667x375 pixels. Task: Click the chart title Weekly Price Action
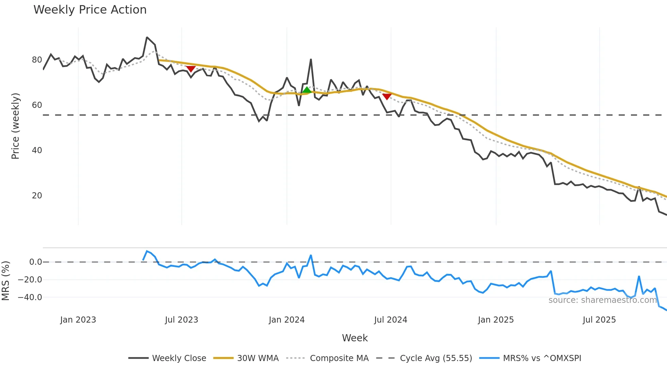click(x=90, y=10)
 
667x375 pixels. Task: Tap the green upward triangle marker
click(x=307, y=90)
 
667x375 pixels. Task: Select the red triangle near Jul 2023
click(x=191, y=69)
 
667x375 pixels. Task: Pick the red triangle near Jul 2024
click(x=387, y=97)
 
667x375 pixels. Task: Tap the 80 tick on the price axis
click(x=37, y=60)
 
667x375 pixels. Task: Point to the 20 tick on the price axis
click(x=37, y=196)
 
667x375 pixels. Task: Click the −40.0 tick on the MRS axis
click(x=30, y=297)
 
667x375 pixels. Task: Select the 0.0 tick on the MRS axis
click(x=35, y=262)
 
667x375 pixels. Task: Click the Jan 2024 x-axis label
click(x=287, y=320)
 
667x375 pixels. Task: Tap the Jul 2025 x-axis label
click(x=599, y=320)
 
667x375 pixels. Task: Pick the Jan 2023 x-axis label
click(x=78, y=320)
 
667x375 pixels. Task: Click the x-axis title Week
click(x=355, y=338)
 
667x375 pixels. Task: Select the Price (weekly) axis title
click(x=16, y=126)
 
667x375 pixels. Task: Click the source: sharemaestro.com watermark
click(x=602, y=300)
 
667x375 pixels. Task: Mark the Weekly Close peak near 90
click(x=147, y=37)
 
